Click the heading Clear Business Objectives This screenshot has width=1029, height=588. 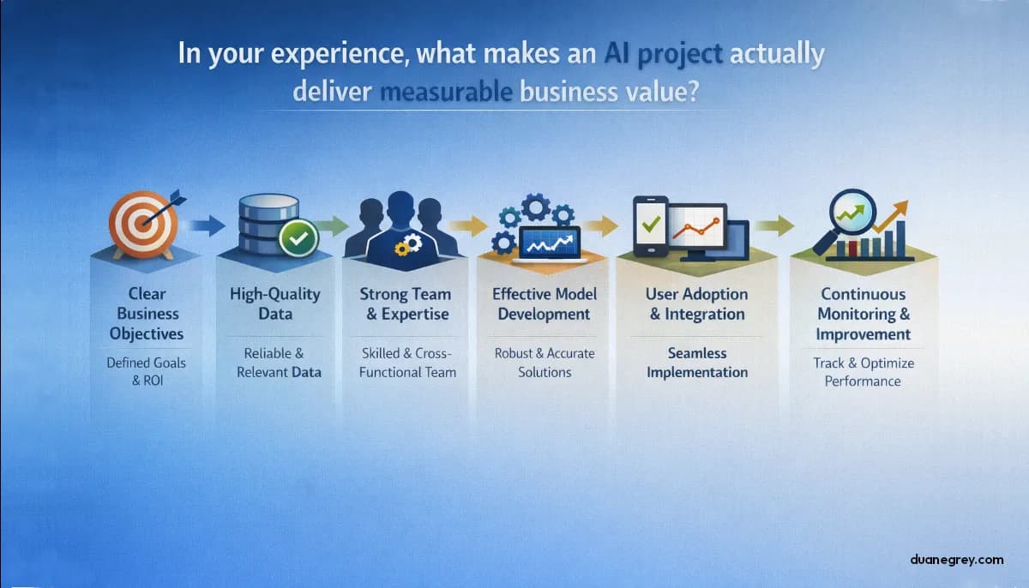click(x=147, y=314)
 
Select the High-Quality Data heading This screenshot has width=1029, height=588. click(x=274, y=303)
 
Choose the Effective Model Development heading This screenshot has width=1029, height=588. click(x=544, y=303)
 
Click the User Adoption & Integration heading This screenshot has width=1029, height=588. click(x=696, y=303)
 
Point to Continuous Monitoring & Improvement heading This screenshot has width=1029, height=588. click(x=864, y=314)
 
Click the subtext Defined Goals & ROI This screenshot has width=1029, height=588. click(x=147, y=371)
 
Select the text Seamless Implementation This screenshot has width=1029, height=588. click(x=696, y=363)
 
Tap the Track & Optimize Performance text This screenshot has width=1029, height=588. click(x=864, y=371)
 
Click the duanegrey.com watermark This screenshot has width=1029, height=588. click(x=957, y=560)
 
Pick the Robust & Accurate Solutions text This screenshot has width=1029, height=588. click(x=544, y=363)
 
